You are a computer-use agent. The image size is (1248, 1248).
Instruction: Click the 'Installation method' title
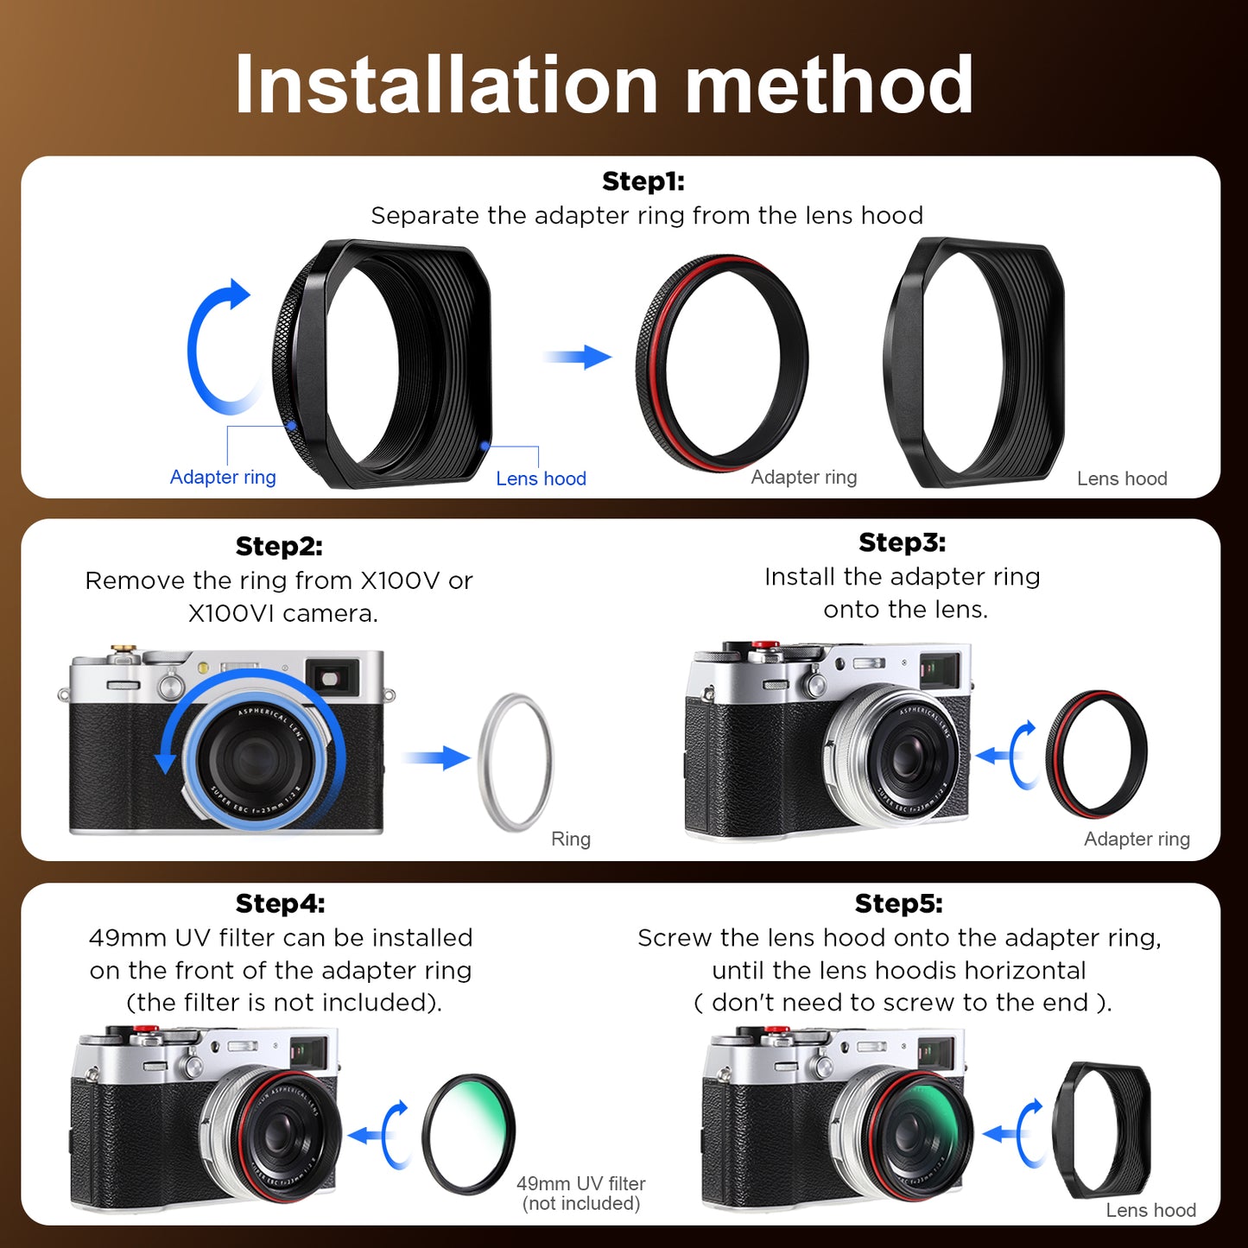[x=604, y=85]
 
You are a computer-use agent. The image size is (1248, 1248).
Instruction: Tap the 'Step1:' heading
[x=643, y=181]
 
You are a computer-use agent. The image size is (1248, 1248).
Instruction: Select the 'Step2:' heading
[x=279, y=546]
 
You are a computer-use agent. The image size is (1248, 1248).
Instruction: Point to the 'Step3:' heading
[x=902, y=542]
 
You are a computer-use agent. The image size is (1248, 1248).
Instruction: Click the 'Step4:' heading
[x=280, y=903]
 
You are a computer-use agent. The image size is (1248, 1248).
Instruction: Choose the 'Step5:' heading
[x=898, y=903]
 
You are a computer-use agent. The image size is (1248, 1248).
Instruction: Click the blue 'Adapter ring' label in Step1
[x=223, y=478]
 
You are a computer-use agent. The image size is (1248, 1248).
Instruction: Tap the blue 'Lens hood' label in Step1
[x=541, y=478]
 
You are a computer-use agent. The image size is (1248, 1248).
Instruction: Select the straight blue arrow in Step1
[x=578, y=356]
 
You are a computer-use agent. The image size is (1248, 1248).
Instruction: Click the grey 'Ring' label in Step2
[x=571, y=839]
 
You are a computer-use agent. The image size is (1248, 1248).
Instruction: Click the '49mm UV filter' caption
[x=581, y=1184]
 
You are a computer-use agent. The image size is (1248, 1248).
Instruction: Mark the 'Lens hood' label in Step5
[x=1150, y=1210]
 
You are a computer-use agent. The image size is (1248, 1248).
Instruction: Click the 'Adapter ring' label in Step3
[x=1137, y=839]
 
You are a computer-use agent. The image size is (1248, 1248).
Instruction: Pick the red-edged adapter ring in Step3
[x=1096, y=754]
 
